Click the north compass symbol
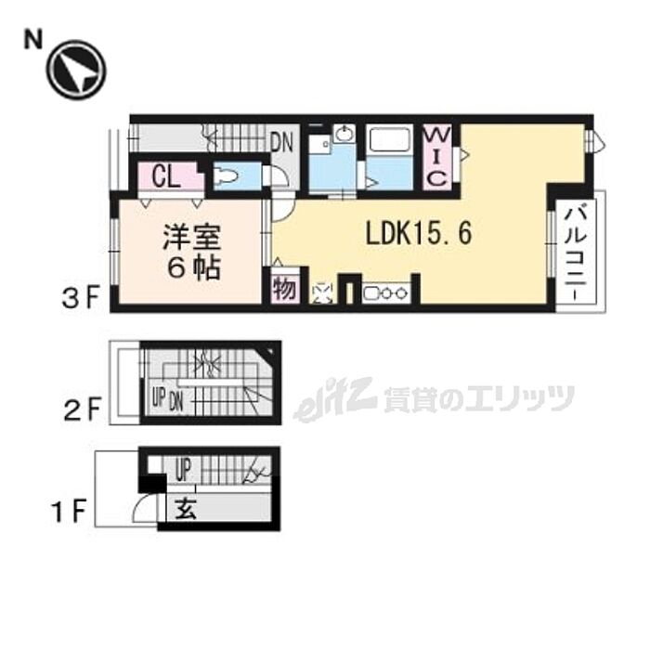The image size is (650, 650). [77, 70]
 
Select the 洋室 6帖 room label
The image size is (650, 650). [192, 252]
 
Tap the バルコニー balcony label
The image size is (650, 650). [578, 249]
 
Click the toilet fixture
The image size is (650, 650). [227, 175]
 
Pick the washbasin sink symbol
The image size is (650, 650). [343, 135]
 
